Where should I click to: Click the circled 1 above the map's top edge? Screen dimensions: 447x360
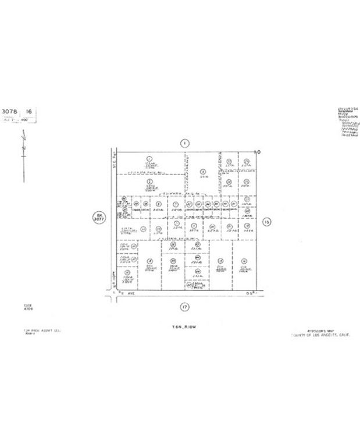[184, 143]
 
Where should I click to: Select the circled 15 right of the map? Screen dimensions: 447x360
[267, 221]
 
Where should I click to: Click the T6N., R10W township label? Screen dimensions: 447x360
[185, 328]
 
